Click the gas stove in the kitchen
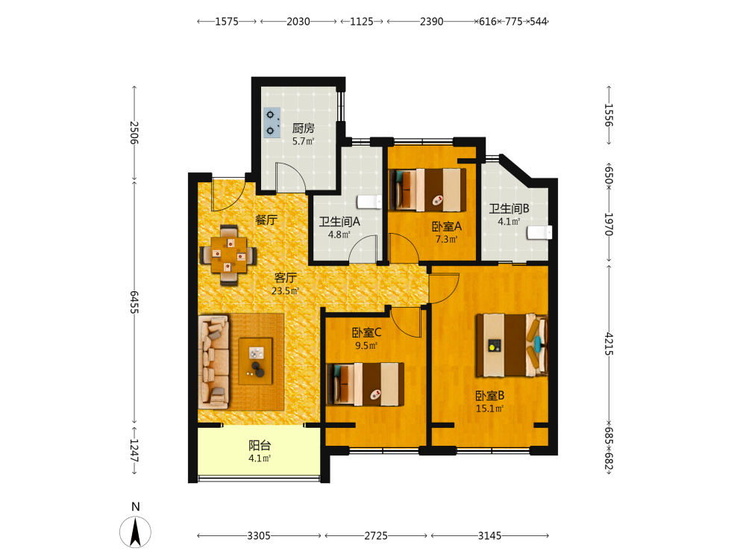272,123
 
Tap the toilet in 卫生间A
369,202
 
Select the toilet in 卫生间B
539,232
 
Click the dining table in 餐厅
229,255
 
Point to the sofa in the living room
213,361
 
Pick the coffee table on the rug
255,361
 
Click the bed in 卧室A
427,190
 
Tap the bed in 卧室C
366,385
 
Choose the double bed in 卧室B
512,345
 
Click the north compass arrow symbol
135,532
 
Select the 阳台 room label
260,445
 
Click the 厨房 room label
303,128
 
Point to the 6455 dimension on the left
134,302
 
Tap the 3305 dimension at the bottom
259,535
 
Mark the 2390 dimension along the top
431,22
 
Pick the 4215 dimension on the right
609,343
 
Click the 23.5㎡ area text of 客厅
285,290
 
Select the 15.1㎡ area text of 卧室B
489,408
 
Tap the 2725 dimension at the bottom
376,535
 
